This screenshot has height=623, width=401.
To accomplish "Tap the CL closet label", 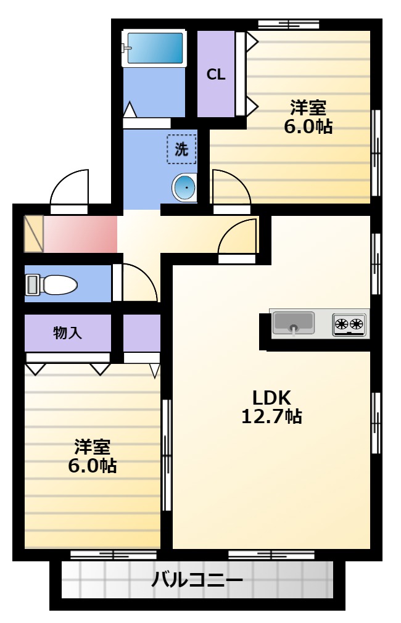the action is click(216, 74).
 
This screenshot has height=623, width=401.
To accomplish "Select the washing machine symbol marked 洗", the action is click(181, 149).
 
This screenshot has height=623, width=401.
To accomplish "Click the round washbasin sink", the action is click(184, 188).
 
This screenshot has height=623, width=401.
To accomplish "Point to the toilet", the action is click(51, 285).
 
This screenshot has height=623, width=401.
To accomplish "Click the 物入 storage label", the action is click(68, 332).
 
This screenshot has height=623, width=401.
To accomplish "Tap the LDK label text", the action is click(272, 397).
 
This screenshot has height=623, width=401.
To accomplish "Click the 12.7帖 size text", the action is click(272, 416).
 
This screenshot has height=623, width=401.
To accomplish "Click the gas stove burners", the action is click(349, 324).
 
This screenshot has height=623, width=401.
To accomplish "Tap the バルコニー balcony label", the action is click(197, 580).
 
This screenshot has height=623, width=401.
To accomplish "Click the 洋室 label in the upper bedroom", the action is click(308, 107).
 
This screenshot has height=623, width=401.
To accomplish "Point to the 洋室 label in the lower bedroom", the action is click(92, 447).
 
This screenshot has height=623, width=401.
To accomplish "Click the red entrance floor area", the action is click(80, 234).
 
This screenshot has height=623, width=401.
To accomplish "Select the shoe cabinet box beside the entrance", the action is click(34, 234).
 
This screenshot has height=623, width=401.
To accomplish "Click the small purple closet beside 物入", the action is click(142, 333).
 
